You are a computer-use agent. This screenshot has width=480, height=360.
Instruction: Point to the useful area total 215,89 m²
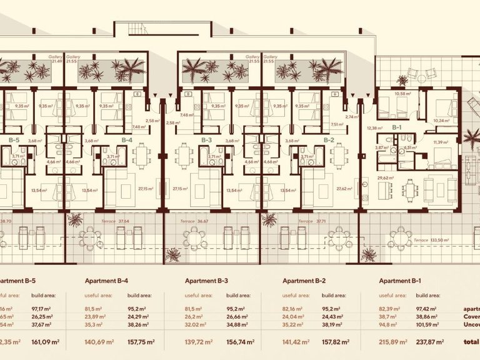pos(393,342)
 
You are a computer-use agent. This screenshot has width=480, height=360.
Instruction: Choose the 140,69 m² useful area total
pos(98,342)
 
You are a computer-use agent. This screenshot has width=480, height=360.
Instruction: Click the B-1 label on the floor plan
pos(396,127)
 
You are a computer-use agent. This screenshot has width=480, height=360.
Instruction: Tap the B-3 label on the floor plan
pos(206,140)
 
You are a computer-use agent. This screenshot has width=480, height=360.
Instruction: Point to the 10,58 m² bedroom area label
pos(402,94)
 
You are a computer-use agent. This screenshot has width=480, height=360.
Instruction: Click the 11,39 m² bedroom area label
pos(441,142)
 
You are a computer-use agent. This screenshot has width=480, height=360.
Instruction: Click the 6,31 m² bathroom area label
pos(410,147)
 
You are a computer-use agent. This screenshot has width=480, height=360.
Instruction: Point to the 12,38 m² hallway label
pos(374,128)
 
